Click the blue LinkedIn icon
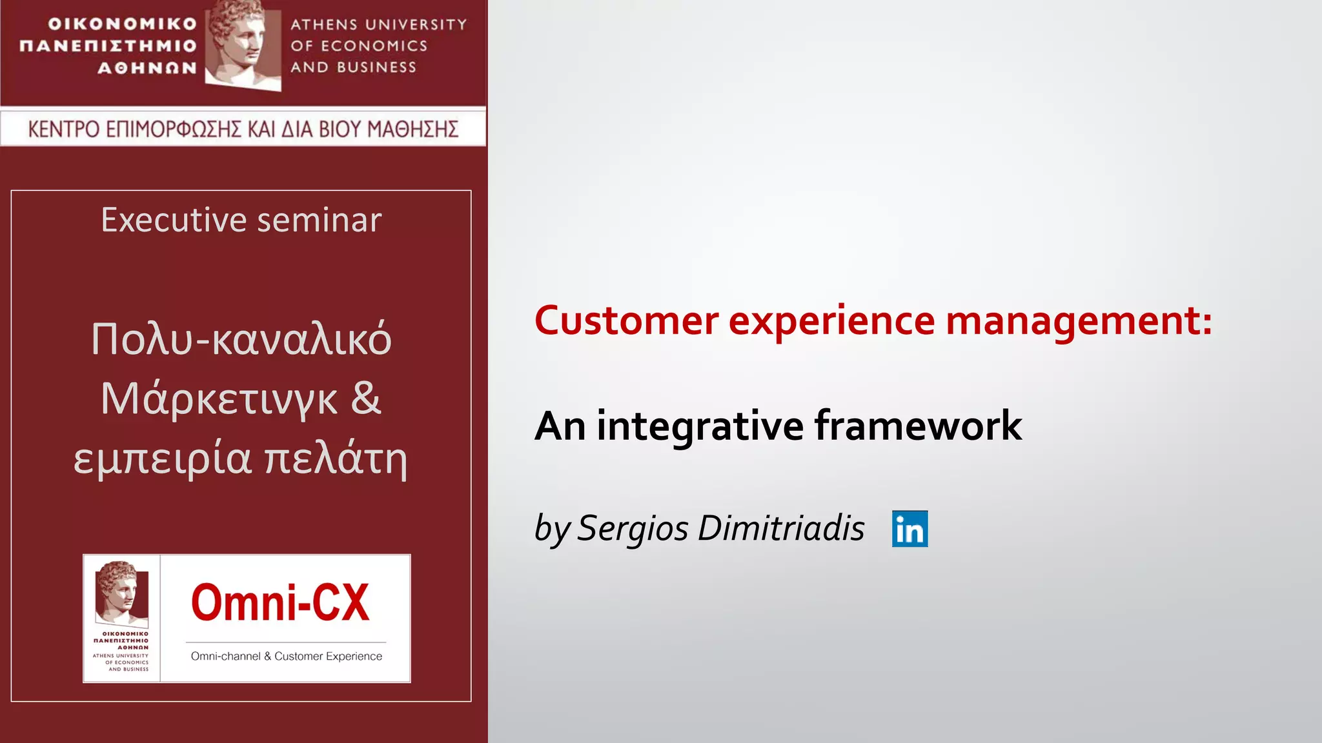(910, 529)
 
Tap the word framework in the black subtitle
(918, 426)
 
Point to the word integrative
(700, 427)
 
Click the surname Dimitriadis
(781, 528)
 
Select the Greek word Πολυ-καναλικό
(241, 339)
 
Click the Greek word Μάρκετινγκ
(219, 399)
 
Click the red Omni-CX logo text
(280, 603)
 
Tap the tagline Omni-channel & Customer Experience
(286, 657)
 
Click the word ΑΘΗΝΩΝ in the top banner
(147, 68)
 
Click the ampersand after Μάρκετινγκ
(366, 398)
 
